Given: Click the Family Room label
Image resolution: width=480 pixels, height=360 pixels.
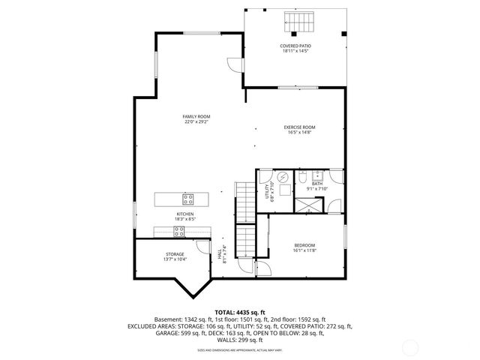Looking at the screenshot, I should [x=196, y=116].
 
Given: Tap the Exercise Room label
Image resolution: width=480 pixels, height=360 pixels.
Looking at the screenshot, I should [x=298, y=127].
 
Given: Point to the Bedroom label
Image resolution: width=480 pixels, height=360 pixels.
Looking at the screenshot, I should [x=304, y=245].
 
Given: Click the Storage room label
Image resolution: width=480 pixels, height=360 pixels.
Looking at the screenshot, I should [x=175, y=254].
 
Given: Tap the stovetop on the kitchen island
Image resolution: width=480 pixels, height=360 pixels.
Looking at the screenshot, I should [x=188, y=199].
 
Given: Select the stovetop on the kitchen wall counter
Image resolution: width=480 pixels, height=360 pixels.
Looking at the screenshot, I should [x=181, y=231].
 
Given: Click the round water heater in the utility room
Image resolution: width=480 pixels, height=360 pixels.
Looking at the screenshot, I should [x=283, y=178].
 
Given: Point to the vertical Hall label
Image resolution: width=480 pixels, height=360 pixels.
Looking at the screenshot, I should [x=220, y=255].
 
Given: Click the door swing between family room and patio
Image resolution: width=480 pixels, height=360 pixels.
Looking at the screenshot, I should [x=237, y=66].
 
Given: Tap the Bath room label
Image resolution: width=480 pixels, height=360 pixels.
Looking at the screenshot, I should [x=317, y=184].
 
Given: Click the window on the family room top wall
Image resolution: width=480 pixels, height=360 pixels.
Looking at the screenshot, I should [x=198, y=32].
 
